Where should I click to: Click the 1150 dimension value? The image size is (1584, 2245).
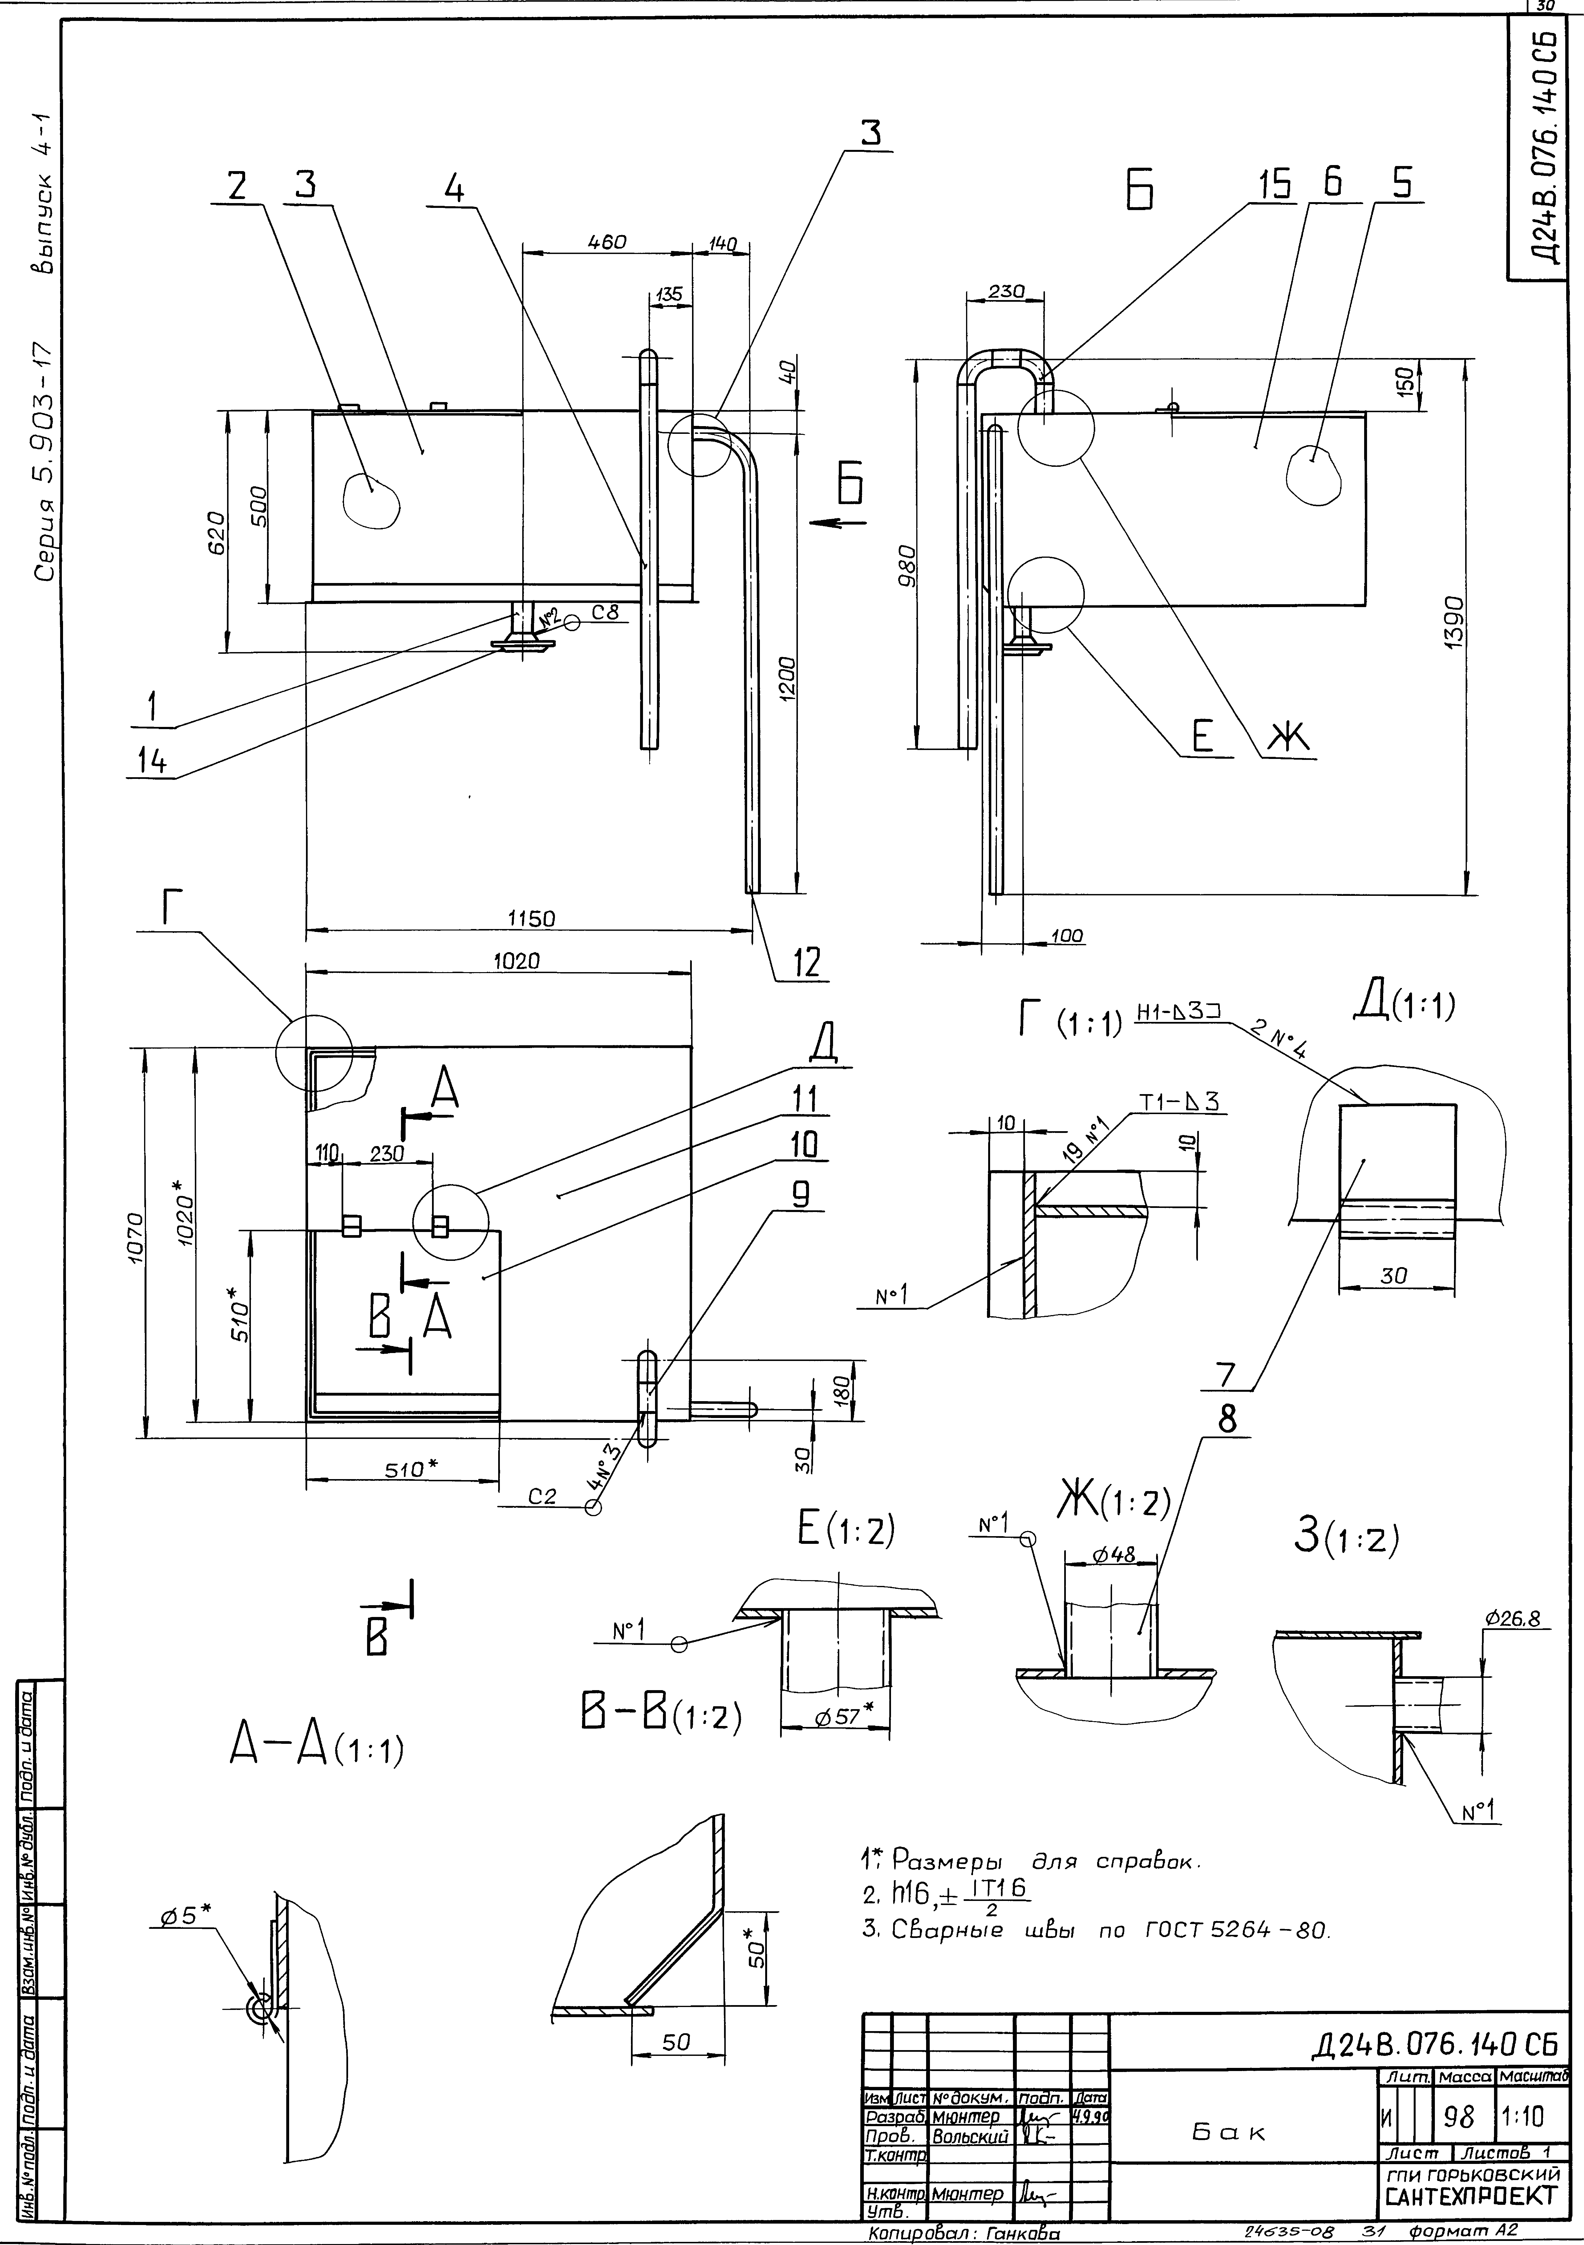531,918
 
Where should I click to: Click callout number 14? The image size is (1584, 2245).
151,762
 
